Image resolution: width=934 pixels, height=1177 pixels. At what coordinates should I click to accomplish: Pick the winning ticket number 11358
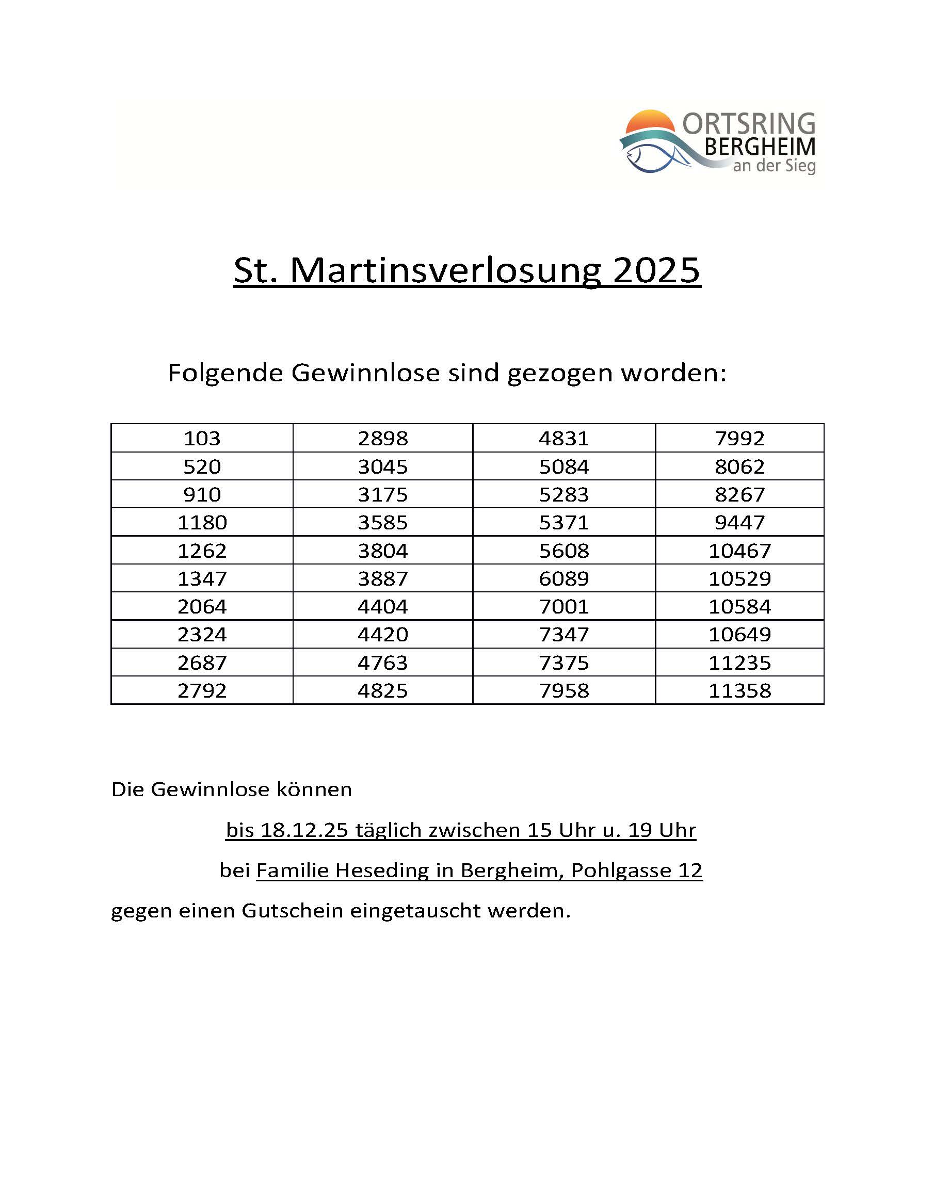(x=739, y=690)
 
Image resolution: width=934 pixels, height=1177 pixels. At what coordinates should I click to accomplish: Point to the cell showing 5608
(x=564, y=550)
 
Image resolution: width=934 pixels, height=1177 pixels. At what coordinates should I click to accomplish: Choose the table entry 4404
(x=383, y=606)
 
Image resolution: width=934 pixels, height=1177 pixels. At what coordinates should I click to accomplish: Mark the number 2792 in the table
(x=201, y=690)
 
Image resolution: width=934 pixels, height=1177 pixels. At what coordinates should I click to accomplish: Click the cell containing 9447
(x=739, y=522)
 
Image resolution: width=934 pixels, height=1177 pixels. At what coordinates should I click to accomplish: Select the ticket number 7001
(x=564, y=606)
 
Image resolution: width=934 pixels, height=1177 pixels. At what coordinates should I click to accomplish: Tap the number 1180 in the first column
(x=201, y=522)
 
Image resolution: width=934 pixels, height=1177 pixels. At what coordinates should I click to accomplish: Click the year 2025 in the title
(x=656, y=270)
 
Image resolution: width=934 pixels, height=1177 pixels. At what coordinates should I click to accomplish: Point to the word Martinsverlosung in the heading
(x=445, y=270)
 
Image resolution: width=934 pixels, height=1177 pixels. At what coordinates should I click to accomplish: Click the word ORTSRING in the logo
(x=748, y=124)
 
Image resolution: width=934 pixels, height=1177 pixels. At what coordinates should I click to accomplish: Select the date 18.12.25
(x=304, y=830)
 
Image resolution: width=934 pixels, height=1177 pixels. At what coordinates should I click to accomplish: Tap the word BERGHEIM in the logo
(x=760, y=147)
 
